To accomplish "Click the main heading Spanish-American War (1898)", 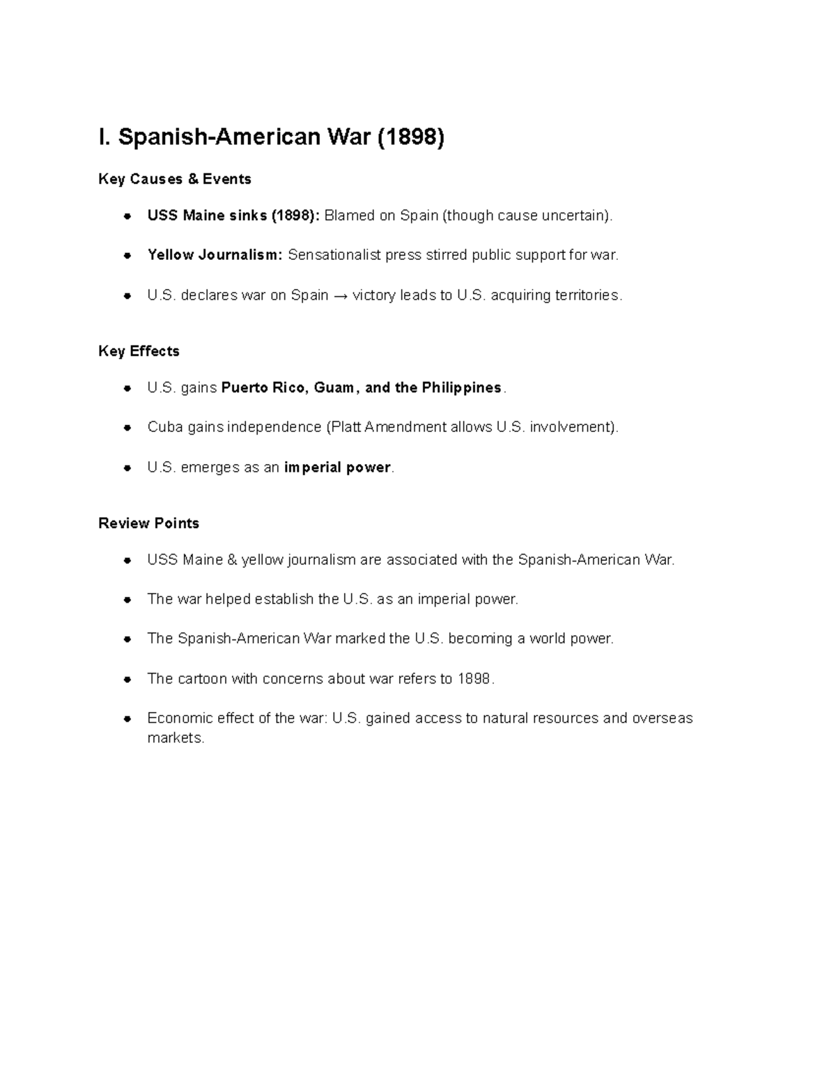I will pos(271,137).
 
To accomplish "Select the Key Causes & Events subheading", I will pos(175,179).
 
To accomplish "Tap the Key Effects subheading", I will pos(139,351).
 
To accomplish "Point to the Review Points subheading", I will pos(148,523).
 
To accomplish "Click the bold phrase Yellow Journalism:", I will pos(215,255).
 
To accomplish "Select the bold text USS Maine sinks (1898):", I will pos(233,215).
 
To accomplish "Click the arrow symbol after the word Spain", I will pos(340,295).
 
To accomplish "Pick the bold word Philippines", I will pos(461,387).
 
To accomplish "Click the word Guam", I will pos(334,387).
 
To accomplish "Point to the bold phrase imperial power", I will pos(337,467).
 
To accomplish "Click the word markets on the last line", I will pos(175,738).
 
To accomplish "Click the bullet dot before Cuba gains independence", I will pos(127,428).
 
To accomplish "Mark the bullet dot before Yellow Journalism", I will pos(127,256).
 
